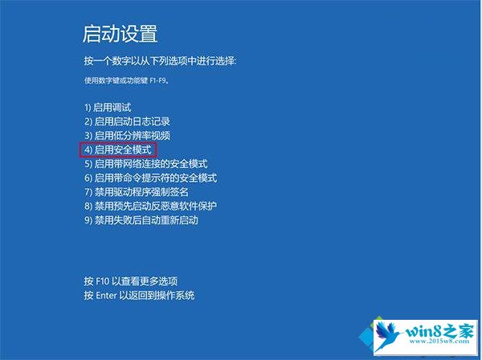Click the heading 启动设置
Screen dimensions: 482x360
120,34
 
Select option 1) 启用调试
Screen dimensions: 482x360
108,108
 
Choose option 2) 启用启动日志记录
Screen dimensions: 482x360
127,121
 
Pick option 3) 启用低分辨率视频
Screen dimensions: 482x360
127,136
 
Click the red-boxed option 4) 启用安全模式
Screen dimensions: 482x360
118,149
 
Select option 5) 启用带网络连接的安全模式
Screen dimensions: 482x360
146,164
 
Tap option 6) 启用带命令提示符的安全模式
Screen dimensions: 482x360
151,178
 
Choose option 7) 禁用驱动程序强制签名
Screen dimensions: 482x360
137,192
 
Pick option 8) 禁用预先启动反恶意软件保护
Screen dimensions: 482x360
151,206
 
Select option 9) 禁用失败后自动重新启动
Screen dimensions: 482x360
141,220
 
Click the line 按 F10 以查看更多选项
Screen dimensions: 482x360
131,281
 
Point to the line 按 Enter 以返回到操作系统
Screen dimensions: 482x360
139,296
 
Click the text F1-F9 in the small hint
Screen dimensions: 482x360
157,81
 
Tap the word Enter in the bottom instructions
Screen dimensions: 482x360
106,296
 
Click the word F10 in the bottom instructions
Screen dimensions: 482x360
103,281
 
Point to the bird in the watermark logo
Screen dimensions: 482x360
388,336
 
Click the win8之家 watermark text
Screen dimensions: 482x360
440,331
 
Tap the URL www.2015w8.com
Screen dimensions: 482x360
439,341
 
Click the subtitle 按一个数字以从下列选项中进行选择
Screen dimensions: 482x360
160,61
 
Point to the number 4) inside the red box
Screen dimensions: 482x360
88,149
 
